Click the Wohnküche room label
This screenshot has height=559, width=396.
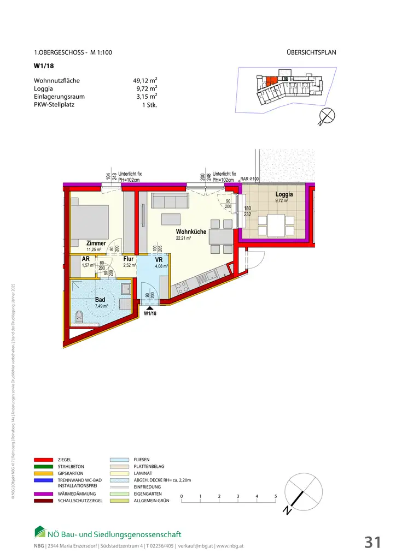pos(191,231)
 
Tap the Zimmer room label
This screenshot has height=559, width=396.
pos(96,243)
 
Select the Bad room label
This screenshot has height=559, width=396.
pos(100,300)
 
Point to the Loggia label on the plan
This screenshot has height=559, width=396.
pos(284,194)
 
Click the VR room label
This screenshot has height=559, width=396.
pos(159,259)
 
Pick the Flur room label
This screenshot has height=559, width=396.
pos(129,259)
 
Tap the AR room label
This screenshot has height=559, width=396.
pos(86,259)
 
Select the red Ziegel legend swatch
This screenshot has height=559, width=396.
pos(44,460)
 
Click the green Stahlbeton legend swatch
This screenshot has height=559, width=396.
pos(44,467)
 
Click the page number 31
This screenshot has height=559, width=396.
pos(372,542)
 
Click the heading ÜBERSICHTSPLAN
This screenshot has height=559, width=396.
pos(311,53)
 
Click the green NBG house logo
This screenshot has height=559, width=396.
pos(40,532)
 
